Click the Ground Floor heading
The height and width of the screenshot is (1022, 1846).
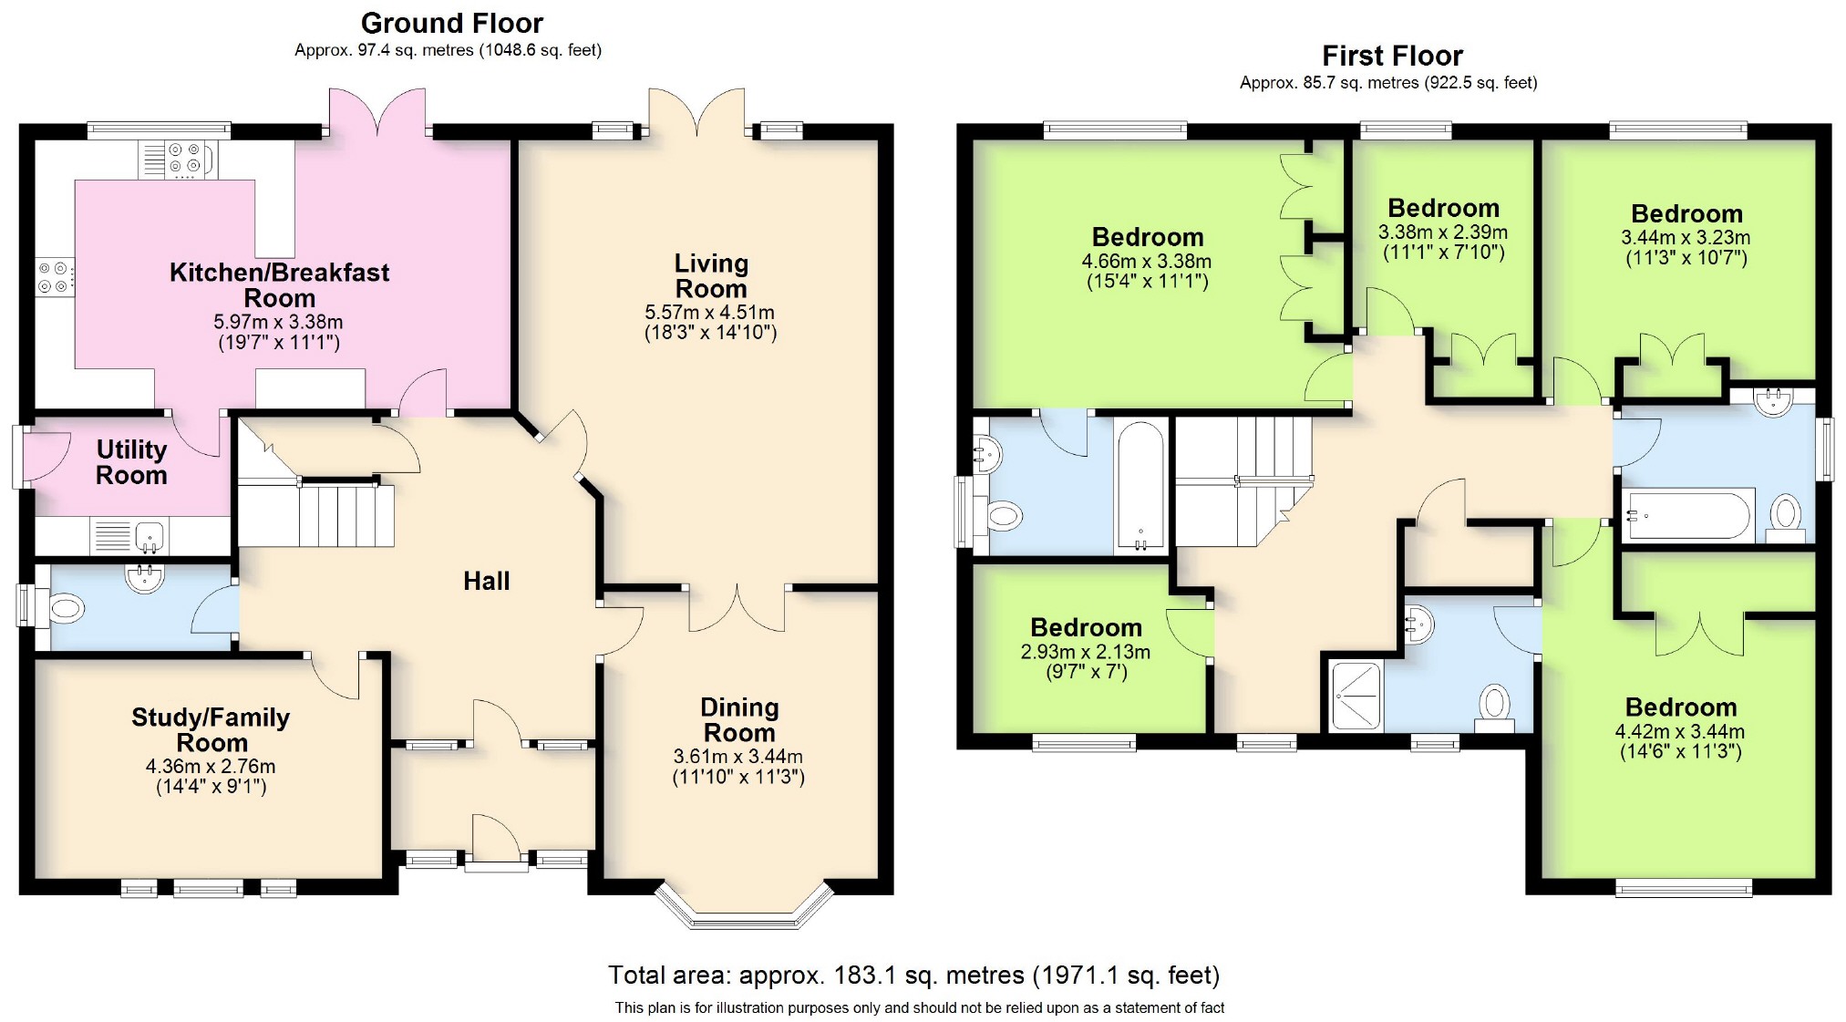[x=451, y=23]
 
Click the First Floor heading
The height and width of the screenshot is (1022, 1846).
[x=1392, y=56]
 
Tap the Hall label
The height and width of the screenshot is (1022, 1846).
[x=486, y=581]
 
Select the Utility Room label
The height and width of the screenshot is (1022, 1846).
[x=131, y=462]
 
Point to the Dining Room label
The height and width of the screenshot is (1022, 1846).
[x=738, y=720]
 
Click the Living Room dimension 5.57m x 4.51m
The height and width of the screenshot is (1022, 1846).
[x=710, y=313]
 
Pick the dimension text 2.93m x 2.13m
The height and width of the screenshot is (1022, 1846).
[x=1085, y=652]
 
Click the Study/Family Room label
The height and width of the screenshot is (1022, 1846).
[x=211, y=729]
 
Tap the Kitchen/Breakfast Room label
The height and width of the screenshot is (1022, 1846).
[x=279, y=284]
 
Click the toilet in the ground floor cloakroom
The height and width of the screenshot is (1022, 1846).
[x=63, y=607]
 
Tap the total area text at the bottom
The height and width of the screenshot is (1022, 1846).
[x=913, y=976]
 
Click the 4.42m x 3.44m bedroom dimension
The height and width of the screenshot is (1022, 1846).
[x=1680, y=731]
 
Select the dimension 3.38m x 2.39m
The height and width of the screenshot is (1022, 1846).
[x=1443, y=232]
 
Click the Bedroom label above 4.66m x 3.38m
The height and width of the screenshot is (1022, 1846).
[x=1148, y=237]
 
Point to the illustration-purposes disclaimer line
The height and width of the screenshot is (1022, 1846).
[x=919, y=1007]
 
